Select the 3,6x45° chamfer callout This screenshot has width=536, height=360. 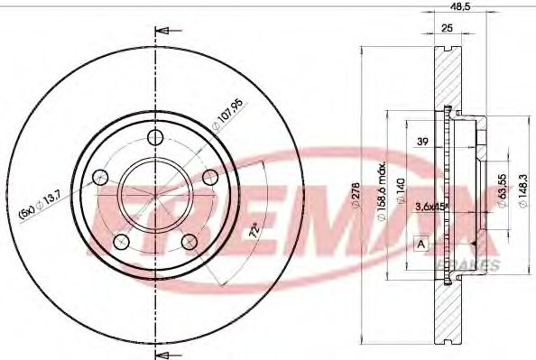(x=430, y=207)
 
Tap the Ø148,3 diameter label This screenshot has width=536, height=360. (x=523, y=191)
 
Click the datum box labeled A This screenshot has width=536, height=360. (x=421, y=243)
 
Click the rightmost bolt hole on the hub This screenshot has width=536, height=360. (x=209, y=176)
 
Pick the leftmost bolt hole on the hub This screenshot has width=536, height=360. (x=102, y=177)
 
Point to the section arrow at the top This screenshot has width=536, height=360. (x=163, y=33)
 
